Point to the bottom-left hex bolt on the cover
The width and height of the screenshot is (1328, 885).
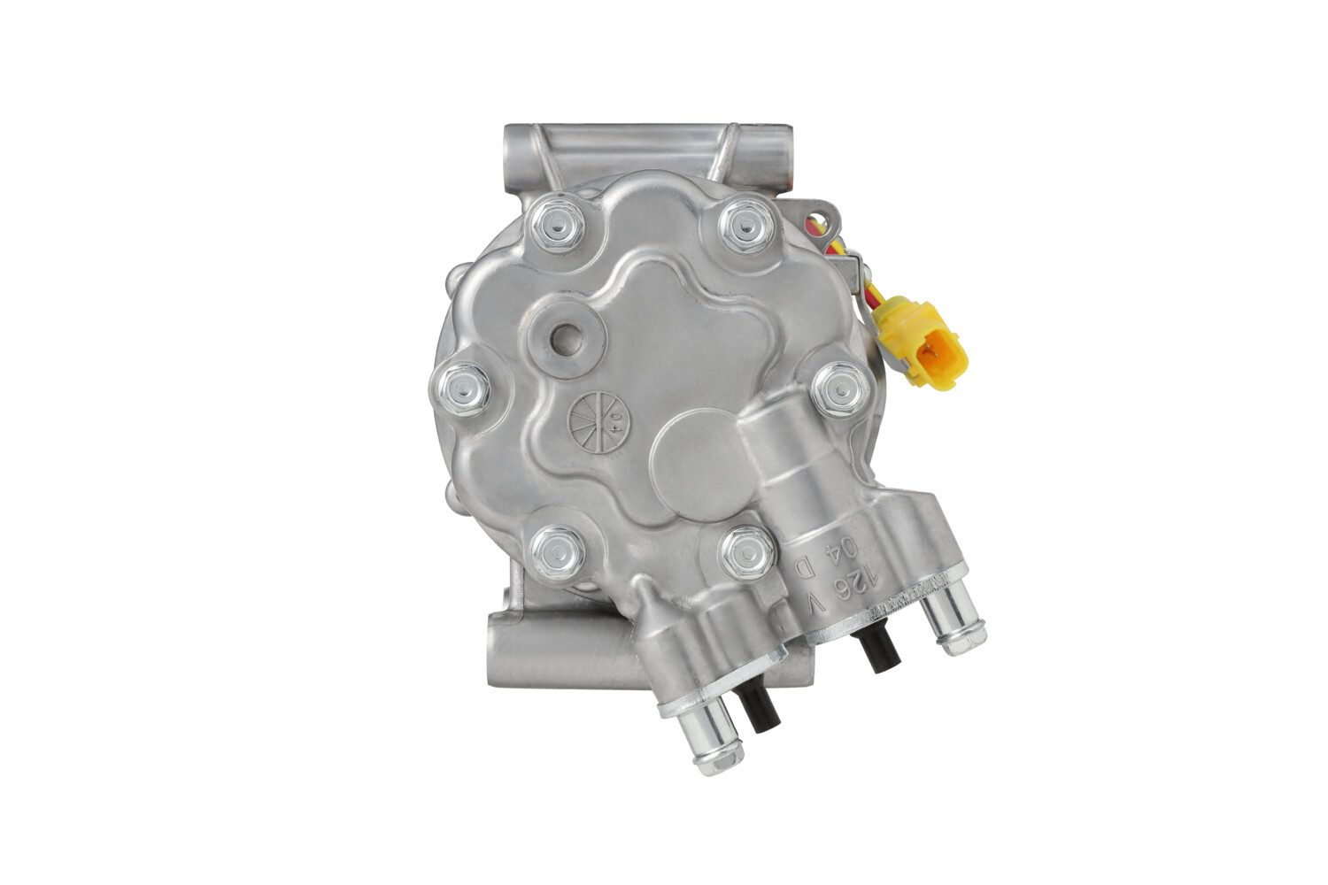click(x=559, y=550)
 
